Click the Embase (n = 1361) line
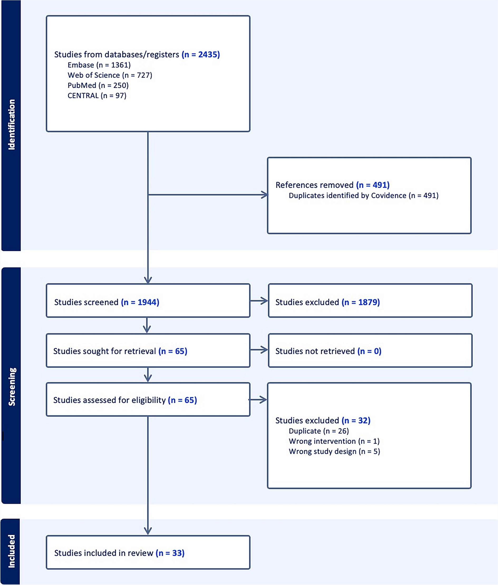pos(99,65)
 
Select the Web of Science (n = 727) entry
pos(110,75)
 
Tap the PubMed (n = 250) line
pos(98,85)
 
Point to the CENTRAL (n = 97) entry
pos(97,96)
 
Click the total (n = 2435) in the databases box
pos(201,55)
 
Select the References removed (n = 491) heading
pos(332,185)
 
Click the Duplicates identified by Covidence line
pos(363,195)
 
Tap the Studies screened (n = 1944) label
pos(107,302)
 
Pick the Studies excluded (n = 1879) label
pos(327,302)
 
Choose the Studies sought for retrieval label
pos(120,351)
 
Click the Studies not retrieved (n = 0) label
pos(328,351)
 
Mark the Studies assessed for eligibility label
pos(125,400)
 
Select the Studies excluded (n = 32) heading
pos(323,420)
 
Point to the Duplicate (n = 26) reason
pos(318,431)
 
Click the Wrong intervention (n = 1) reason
pos(334,441)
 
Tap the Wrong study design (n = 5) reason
pos(334,452)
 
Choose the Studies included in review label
pos(119,553)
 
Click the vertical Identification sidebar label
pos(11,124)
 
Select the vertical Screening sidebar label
pos(12,387)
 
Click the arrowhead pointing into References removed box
pos(265,195)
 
